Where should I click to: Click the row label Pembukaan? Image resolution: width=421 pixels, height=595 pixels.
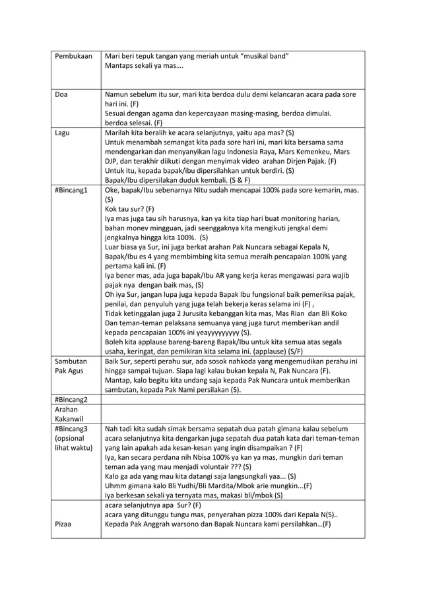point(74,56)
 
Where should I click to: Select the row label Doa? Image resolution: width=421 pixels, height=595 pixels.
point(61,95)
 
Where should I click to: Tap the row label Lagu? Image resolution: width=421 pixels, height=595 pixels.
point(63,133)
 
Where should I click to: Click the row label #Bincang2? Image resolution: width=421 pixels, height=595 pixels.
point(72,399)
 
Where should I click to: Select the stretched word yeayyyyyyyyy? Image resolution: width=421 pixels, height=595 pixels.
point(211,332)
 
